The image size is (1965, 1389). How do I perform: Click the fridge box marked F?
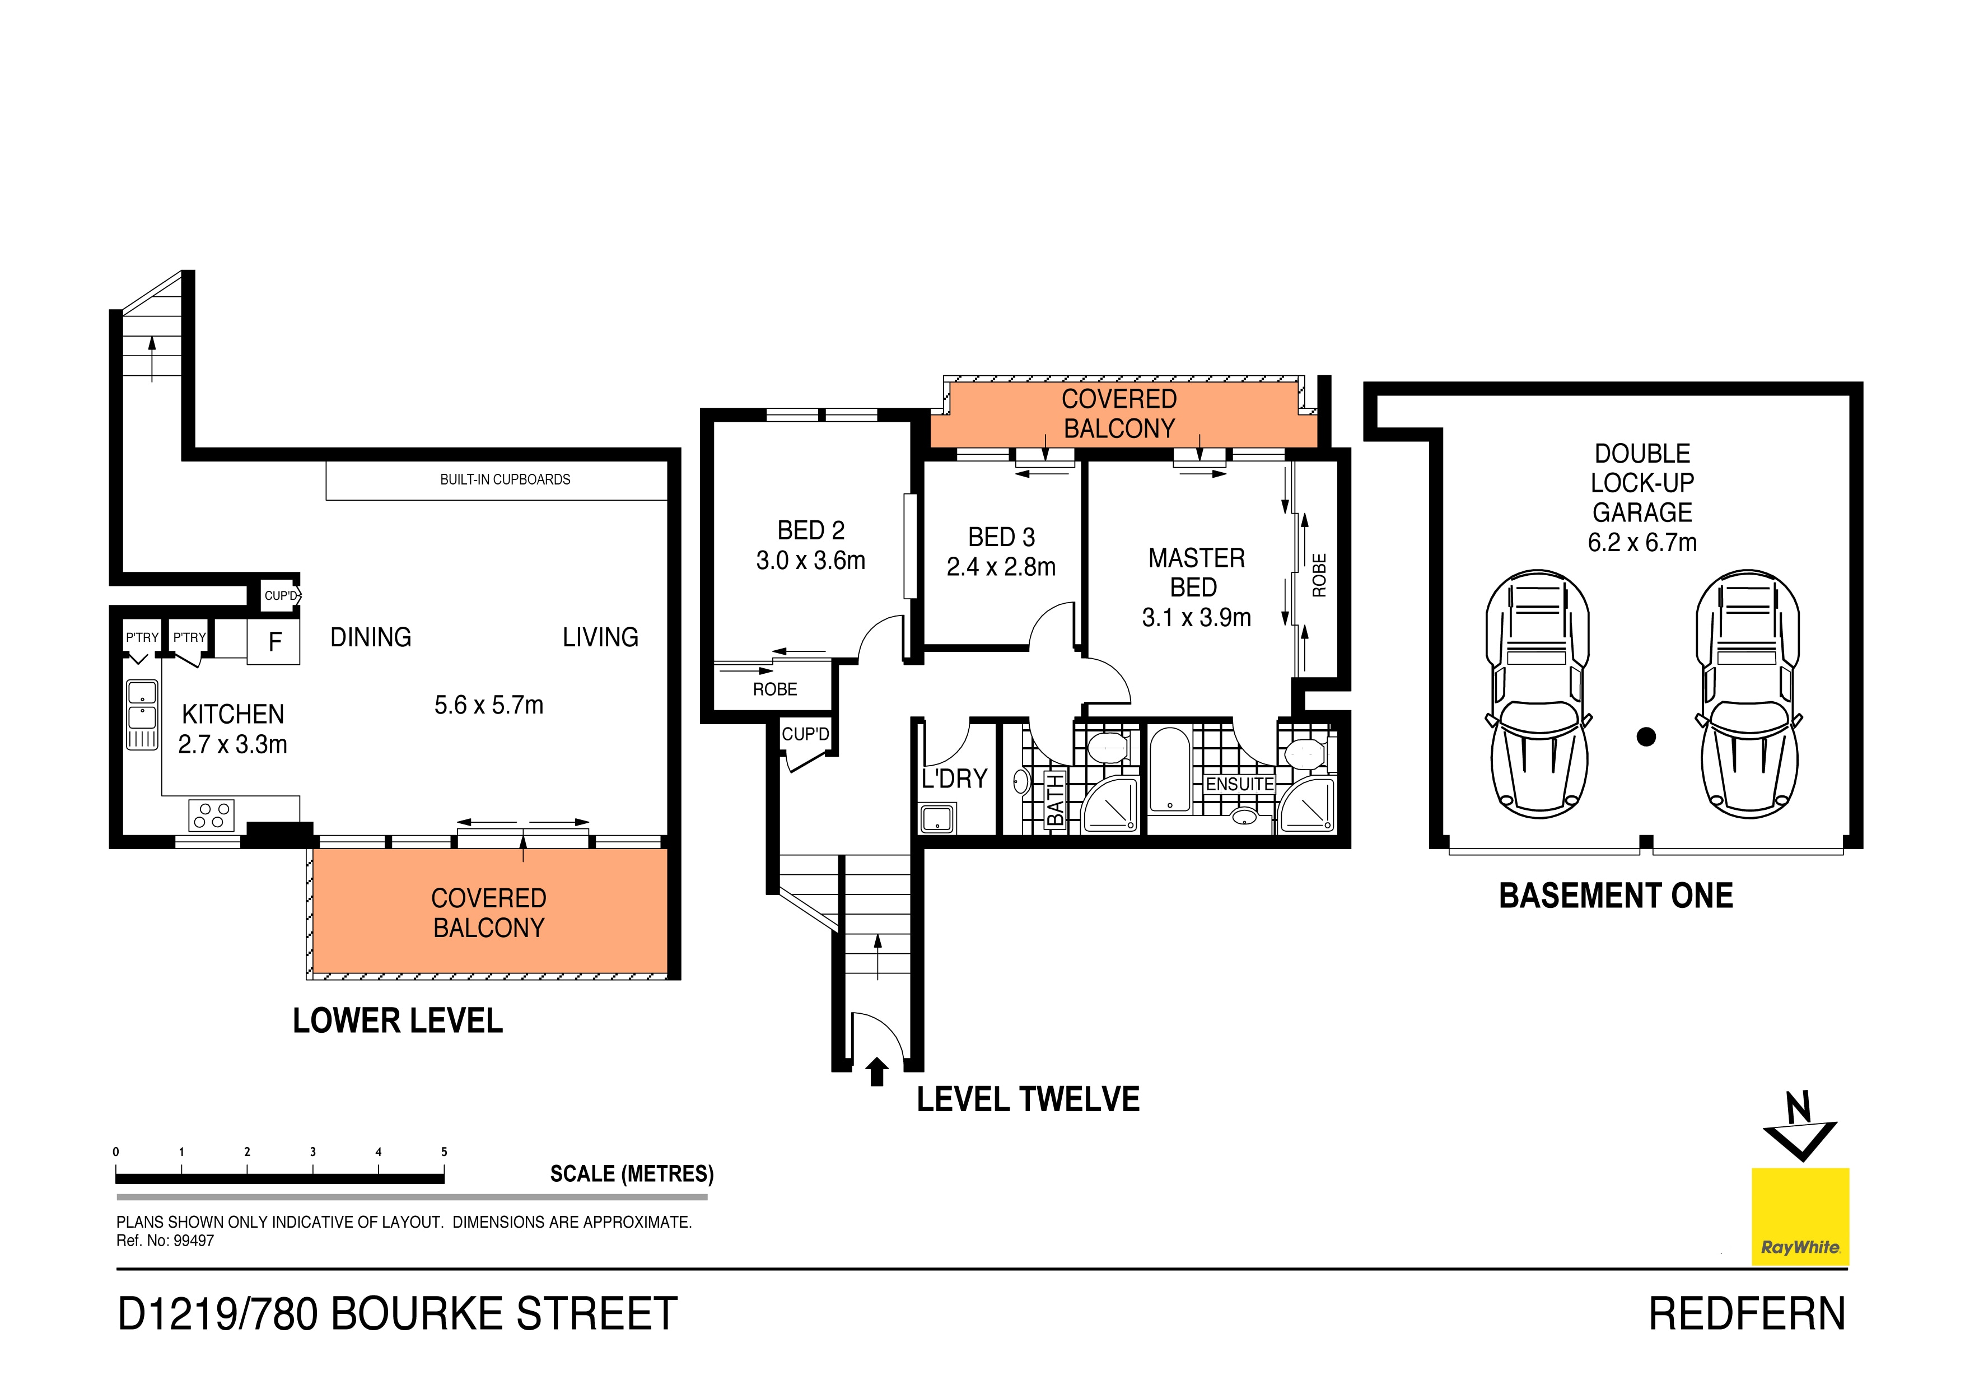[x=274, y=642]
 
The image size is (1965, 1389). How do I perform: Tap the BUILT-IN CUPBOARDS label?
[x=505, y=479]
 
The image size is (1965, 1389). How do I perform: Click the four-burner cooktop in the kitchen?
[x=211, y=815]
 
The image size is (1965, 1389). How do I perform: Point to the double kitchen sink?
[x=142, y=715]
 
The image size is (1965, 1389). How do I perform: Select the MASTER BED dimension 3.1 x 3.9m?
[x=1197, y=617]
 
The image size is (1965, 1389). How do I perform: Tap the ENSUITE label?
[x=1239, y=784]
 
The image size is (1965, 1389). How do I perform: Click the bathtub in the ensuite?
[x=1169, y=768]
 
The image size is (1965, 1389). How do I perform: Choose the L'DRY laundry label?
[x=954, y=779]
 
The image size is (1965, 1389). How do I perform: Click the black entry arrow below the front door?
[x=876, y=1071]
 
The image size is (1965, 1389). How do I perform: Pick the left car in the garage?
[x=1538, y=693]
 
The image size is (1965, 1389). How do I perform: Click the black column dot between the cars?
[x=1646, y=736]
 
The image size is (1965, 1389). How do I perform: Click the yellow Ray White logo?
[x=1800, y=1216]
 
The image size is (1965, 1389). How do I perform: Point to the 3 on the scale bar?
[x=313, y=1152]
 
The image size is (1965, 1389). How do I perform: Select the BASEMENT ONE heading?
[x=1616, y=896]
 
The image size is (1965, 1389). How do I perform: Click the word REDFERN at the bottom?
[x=1747, y=1315]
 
